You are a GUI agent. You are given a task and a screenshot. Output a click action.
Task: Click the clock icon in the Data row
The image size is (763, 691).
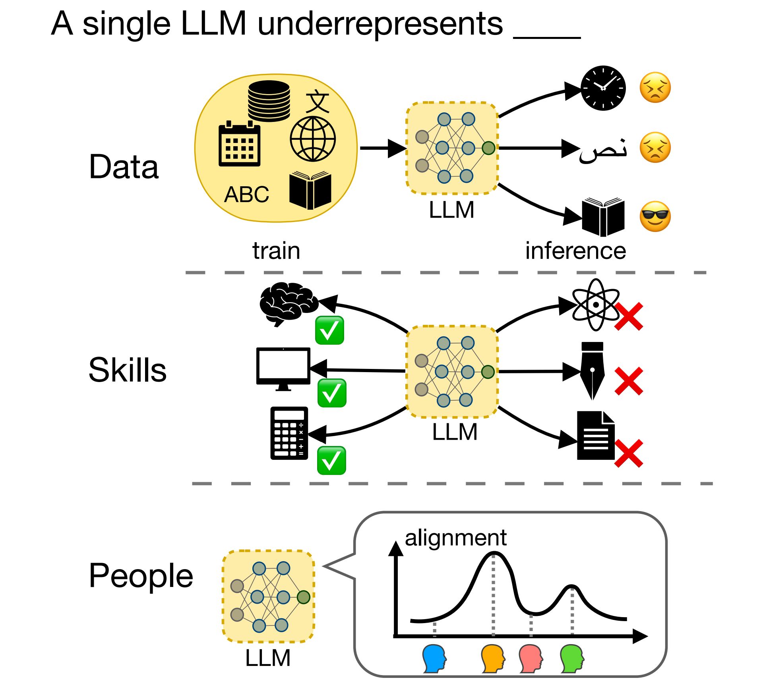[603, 88]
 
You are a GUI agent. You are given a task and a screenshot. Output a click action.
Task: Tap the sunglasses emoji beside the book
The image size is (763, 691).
[655, 216]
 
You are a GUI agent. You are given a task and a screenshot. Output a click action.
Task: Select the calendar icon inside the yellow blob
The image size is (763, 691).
[239, 144]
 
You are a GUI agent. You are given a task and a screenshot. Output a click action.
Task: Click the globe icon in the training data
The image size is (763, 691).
[313, 139]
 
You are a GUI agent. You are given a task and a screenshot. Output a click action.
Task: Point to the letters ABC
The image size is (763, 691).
[246, 195]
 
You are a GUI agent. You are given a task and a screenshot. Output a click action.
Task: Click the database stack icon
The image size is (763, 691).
[269, 101]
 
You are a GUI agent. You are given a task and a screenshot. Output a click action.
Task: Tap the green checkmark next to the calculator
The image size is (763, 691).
[331, 461]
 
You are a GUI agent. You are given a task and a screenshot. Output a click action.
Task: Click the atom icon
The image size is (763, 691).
[595, 305]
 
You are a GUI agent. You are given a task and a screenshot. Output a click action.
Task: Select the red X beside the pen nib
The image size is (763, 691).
[628, 381]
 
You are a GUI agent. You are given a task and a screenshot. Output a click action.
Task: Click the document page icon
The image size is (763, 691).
[595, 436]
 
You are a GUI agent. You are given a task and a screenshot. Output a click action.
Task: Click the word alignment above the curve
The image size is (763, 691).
[455, 538]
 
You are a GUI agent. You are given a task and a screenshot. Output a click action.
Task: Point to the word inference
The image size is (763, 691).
[575, 251]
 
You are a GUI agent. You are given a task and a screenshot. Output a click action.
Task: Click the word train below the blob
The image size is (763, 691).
[276, 251]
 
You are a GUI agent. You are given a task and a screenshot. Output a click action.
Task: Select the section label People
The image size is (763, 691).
[141, 575]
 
